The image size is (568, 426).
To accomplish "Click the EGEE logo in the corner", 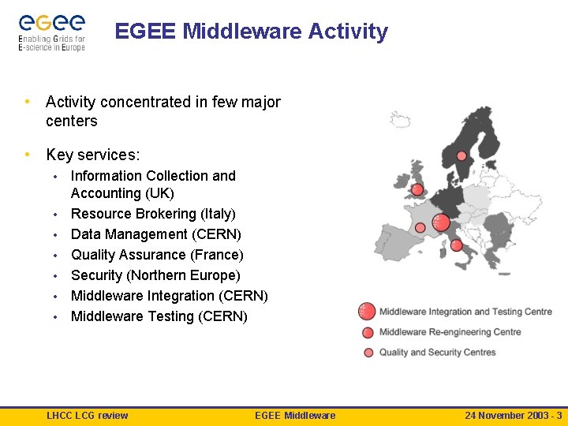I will click(x=52, y=32).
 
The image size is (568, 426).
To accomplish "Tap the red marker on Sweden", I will click(x=461, y=156).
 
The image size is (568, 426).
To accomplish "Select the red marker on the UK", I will click(x=417, y=190).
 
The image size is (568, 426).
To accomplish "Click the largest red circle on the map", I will click(x=441, y=222).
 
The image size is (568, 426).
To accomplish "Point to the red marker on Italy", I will click(x=456, y=245).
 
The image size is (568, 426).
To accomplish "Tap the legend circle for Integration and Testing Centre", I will click(x=367, y=312).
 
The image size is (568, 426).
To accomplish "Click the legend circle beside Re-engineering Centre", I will click(x=368, y=333).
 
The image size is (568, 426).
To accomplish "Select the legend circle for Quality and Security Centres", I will click(x=368, y=353).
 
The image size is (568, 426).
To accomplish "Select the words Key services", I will click(x=92, y=155).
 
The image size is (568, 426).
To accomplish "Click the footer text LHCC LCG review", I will click(x=87, y=416).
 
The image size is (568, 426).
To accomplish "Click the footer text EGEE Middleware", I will click(x=295, y=416).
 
